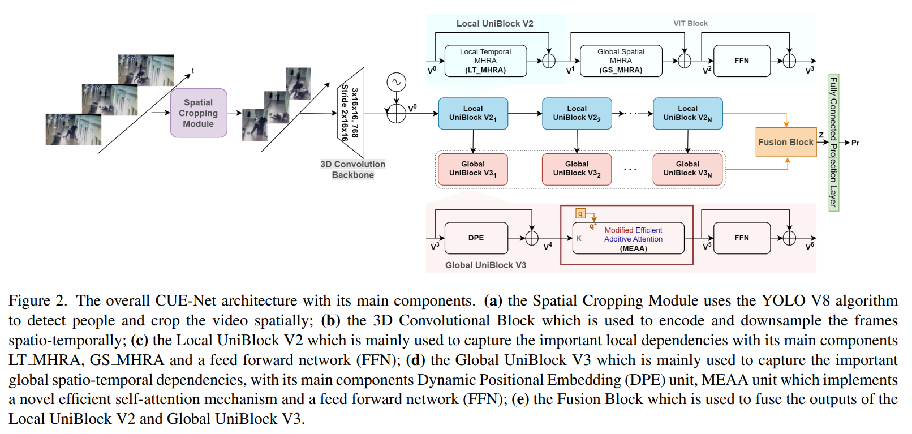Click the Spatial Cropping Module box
click(x=199, y=113)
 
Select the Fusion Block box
click(x=786, y=142)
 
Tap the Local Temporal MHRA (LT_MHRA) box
click(x=485, y=61)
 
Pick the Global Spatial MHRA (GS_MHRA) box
click(x=621, y=61)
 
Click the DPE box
click(x=476, y=238)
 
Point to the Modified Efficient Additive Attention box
click(x=633, y=238)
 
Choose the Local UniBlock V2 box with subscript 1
click(x=473, y=113)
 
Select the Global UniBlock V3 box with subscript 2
click(x=577, y=169)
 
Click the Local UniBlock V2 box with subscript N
click(x=687, y=113)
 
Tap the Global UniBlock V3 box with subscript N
click(x=687, y=169)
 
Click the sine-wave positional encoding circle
click(x=396, y=83)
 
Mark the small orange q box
click(x=580, y=213)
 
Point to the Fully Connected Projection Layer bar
click(x=833, y=142)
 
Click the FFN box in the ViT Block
click(x=742, y=61)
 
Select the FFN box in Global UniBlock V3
click(x=742, y=238)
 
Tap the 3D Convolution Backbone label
click(x=352, y=169)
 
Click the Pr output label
click(x=855, y=143)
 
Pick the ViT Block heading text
click(x=690, y=23)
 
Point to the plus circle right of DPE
click(x=532, y=238)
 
